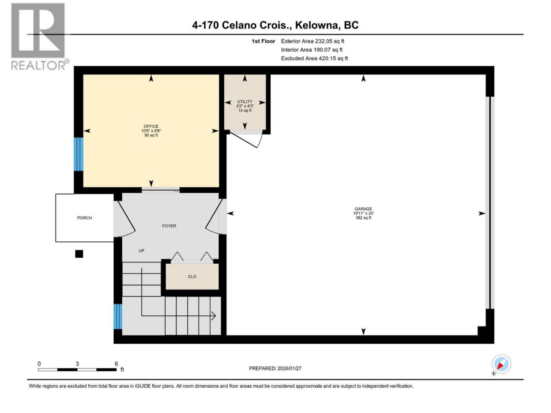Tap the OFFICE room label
click(x=151, y=126)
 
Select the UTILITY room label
click(x=245, y=102)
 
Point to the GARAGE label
click(x=363, y=209)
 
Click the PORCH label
click(x=84, y=218)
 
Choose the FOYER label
click(x=169, y=226)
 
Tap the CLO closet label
click(x=192, y=277)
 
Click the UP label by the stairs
click(x=141, y=251)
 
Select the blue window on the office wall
click(x=78, y=154)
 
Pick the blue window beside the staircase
click(x=118, y=316)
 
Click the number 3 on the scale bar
click(x=77, y=364)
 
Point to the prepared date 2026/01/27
click(x=289, y=368)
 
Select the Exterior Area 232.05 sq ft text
click(x=313, y=41)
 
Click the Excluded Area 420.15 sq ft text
click(x=314, y=59)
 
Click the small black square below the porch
click(x=79, y=254)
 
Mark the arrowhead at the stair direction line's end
click(x=214, y=316)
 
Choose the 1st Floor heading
click(x=263, y=41)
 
